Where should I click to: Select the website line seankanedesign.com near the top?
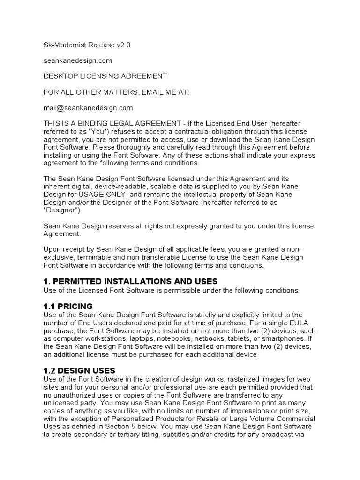77,60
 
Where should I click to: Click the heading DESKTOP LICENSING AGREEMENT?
105,76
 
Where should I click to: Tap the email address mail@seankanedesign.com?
88,108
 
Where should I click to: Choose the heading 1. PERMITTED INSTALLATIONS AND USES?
130,281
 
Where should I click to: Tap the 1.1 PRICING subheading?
68,306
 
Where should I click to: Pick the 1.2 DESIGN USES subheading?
79,370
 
